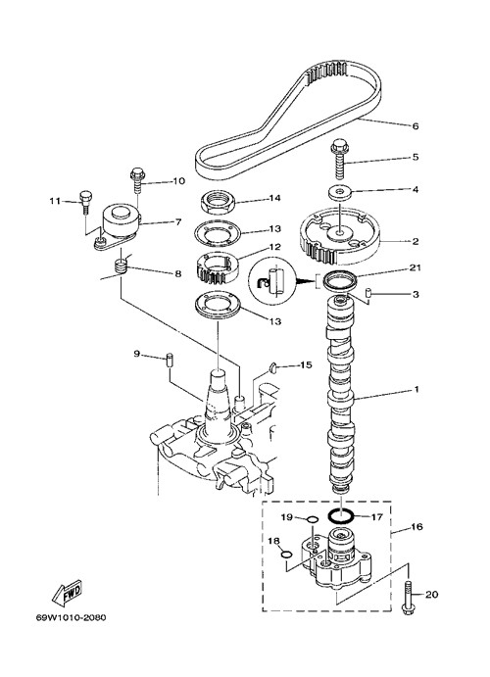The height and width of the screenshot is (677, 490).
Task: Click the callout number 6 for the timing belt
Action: point(416,126)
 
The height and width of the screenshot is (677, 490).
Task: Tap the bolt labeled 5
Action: point(341,159)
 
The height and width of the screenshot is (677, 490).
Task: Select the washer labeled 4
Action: point(341,193)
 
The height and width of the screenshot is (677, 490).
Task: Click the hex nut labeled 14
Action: point(218,203)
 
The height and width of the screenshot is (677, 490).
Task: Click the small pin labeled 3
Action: point(369,292)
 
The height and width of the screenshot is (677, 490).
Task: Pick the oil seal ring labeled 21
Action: point(341,281)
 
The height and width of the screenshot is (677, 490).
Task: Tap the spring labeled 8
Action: point(122,266)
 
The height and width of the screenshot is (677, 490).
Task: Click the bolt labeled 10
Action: point(137,179)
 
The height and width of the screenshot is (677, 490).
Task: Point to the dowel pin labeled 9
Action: point(170,360)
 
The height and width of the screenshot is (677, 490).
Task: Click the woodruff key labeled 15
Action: point(272,367)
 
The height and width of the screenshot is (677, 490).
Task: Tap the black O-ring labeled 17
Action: point(341,514)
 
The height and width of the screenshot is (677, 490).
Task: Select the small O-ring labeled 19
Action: point(313,519)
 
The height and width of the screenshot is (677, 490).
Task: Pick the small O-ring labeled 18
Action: point(285,555)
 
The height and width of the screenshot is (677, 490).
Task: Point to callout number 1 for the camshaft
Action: point(416,390)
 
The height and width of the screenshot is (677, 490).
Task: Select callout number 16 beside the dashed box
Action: point(417,527)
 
